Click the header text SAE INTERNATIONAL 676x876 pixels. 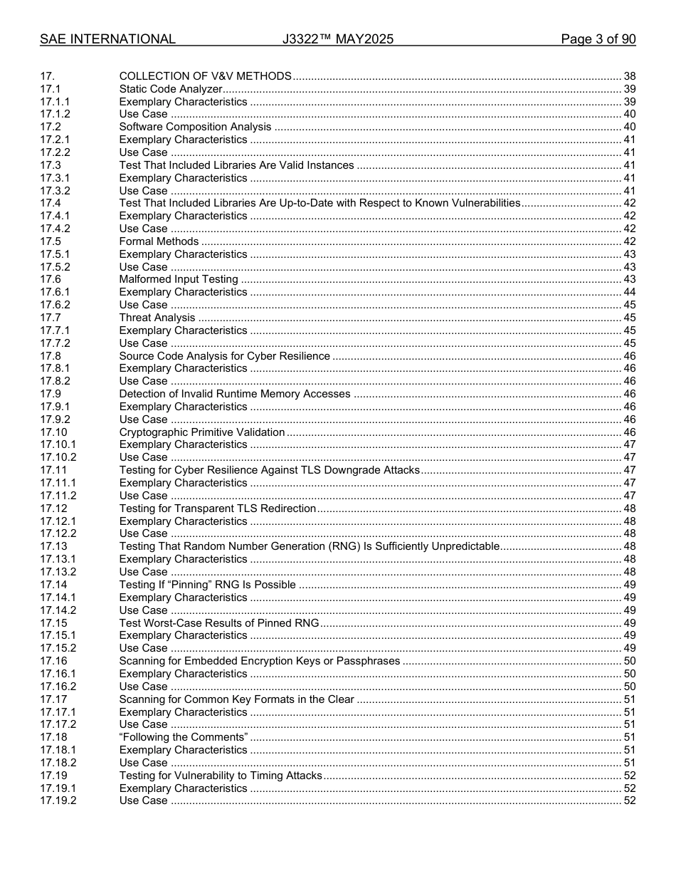click(x=107, y=39)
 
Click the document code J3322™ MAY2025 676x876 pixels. click(x=337, y=39)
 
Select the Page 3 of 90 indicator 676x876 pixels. click(x=598, y=39)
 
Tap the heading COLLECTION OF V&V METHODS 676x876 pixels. click(x=205, y=76)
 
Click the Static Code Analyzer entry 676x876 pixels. click(x=171, y=89)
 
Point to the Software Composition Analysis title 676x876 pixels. click(x=195, y=127)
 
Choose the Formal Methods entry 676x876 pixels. click(x=159, y=241)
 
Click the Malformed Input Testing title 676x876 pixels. click(x=179, y=279)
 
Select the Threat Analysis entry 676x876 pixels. click(x=157, y=318)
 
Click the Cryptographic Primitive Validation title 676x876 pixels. click(x=202, y=432)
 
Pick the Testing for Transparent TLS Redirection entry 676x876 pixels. click(x=217, y=509)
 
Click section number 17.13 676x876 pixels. click(x=53, y=546)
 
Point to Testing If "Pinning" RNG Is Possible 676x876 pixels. click(x=207, y=585)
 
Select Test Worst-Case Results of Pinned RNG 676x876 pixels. click(x=218, y=623)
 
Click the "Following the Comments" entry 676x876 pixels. click(x=184, y=737)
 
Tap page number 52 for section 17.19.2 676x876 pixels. click(x=629, y=801)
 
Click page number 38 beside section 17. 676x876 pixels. click(x=629, y=76)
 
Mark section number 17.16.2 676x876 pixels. click(x=58, y=687)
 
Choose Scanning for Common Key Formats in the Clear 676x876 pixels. click(x=236, y=699)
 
